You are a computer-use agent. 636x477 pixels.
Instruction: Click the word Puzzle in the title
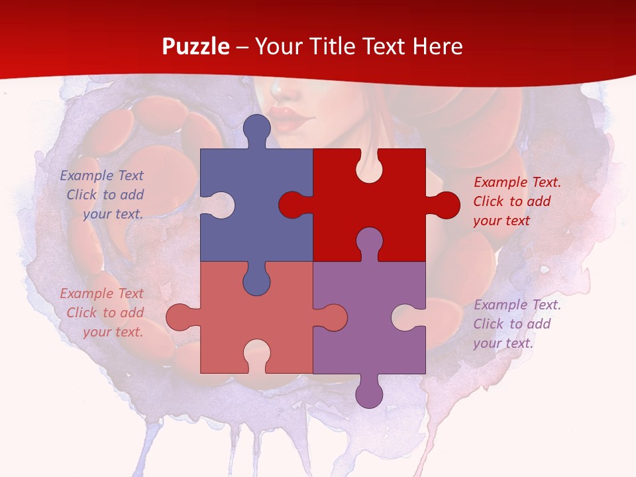point(195,47)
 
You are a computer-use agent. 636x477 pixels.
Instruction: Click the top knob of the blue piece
point(257,128)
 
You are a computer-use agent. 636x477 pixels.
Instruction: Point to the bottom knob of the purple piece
point(370,394)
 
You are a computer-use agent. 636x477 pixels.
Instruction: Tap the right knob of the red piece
point(446,205)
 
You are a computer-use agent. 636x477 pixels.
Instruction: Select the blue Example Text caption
point(103,195)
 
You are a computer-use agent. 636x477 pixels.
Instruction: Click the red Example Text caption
point(516,201)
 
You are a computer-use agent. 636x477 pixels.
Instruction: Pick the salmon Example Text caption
point(103,313)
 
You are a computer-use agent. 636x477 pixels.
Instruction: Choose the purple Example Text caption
point(516,324)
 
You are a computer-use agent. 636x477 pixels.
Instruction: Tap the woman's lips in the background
point(290,119)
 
